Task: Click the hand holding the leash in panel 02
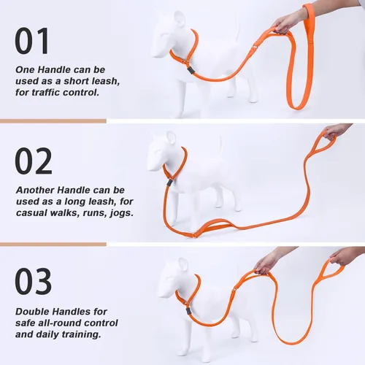click(x=335, y=131)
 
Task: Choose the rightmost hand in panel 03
click(x=344, y=255)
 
